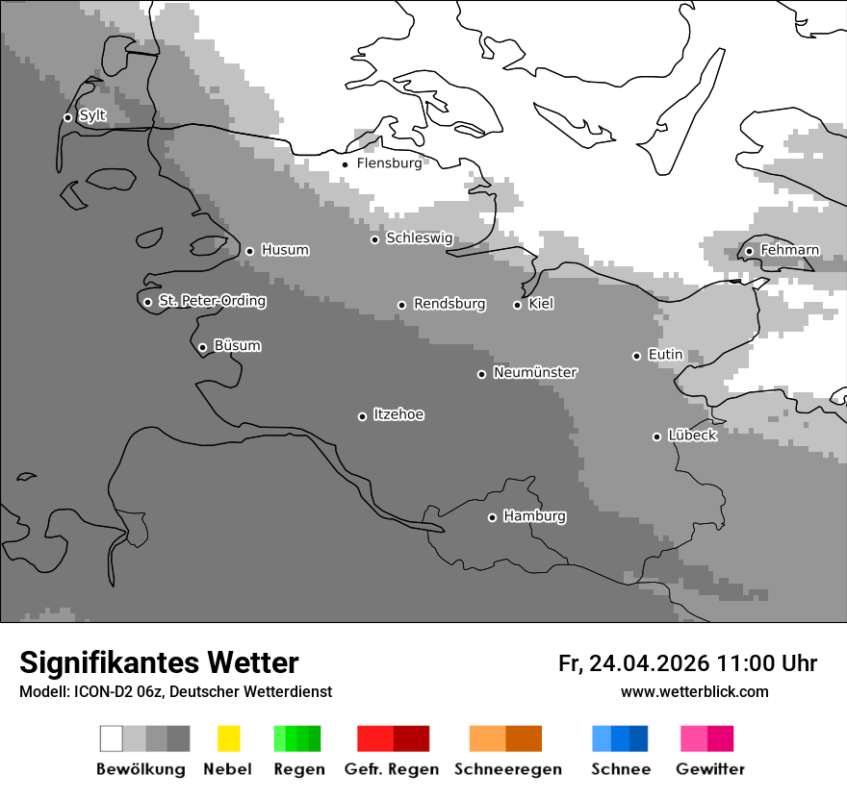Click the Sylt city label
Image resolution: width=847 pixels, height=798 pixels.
coord(92,115)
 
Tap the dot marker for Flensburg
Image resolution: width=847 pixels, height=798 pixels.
coord(345,164)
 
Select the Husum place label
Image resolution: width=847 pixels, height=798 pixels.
coord(285,250)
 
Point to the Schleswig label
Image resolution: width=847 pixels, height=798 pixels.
coord(419,238)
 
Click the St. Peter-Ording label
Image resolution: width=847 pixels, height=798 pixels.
coord(212,301)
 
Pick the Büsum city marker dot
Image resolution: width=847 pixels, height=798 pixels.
coord(202,347)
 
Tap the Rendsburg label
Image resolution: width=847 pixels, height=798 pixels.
coord(449,304)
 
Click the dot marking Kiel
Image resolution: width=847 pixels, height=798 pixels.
coord(517,305)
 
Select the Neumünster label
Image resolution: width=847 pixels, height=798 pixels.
coord(535,372)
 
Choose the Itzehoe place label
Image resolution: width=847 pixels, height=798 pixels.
coord(398,414)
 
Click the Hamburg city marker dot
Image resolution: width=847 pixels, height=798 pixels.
coord(492,517)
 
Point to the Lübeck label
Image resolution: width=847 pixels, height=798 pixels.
coord(692,436)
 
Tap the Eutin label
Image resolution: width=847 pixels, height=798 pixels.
coord(665,355)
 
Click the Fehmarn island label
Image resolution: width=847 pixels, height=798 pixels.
coord(789,250)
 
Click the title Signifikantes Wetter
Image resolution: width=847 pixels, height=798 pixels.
coord(159,662)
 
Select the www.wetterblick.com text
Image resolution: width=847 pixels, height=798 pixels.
coord(694,692)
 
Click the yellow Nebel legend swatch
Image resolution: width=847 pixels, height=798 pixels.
coord(229,738)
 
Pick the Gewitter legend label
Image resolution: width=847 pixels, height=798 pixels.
coord(710,769)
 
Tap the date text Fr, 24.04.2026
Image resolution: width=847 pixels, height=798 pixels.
coord(634,663)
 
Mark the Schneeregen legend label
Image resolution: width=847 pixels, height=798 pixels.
coord(508,769)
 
